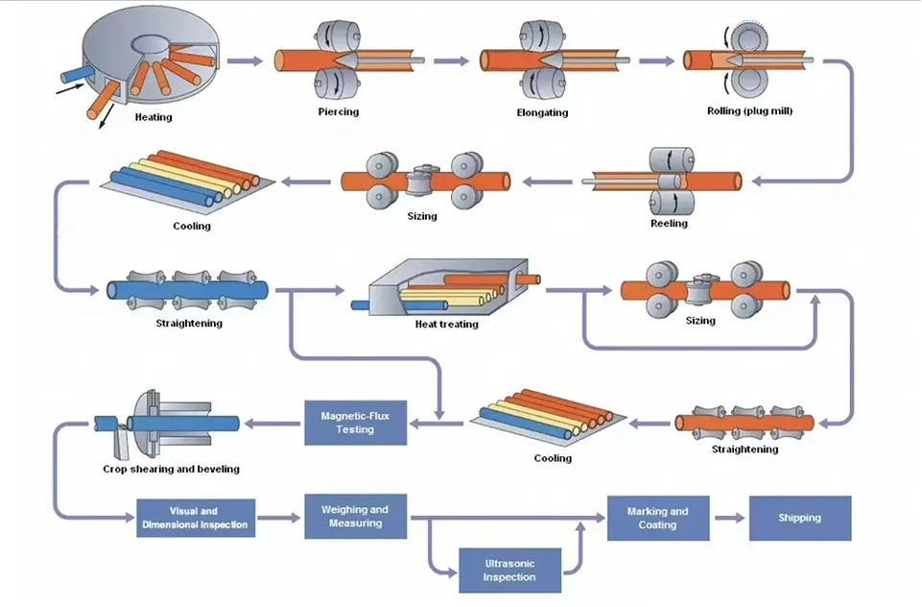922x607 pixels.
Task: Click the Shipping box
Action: pos(800,518)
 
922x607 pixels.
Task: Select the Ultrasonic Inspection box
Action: pos(509,571)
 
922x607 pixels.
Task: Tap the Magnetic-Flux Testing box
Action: pos(355,423)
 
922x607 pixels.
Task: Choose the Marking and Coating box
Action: pos(658,518)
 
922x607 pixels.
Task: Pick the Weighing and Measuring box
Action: pos(355,517)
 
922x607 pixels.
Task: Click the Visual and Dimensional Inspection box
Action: pos(196,518)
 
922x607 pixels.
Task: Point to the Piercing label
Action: pos(339,111)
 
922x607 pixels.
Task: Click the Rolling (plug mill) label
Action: pos(749,111)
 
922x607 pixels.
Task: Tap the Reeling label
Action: pos(669,224)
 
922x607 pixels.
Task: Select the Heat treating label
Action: pos(447,325)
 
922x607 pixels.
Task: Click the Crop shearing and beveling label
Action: pos(171,470)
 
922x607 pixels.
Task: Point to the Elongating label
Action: pos(542,112)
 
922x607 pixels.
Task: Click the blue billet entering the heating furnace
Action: pos(76,75)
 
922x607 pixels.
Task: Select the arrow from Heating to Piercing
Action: pos(245,61)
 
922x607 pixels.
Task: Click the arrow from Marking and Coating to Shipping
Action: pos(730,518)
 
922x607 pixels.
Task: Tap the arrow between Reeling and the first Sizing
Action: pos(547,182)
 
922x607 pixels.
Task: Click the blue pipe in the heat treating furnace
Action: pos(400,305)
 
